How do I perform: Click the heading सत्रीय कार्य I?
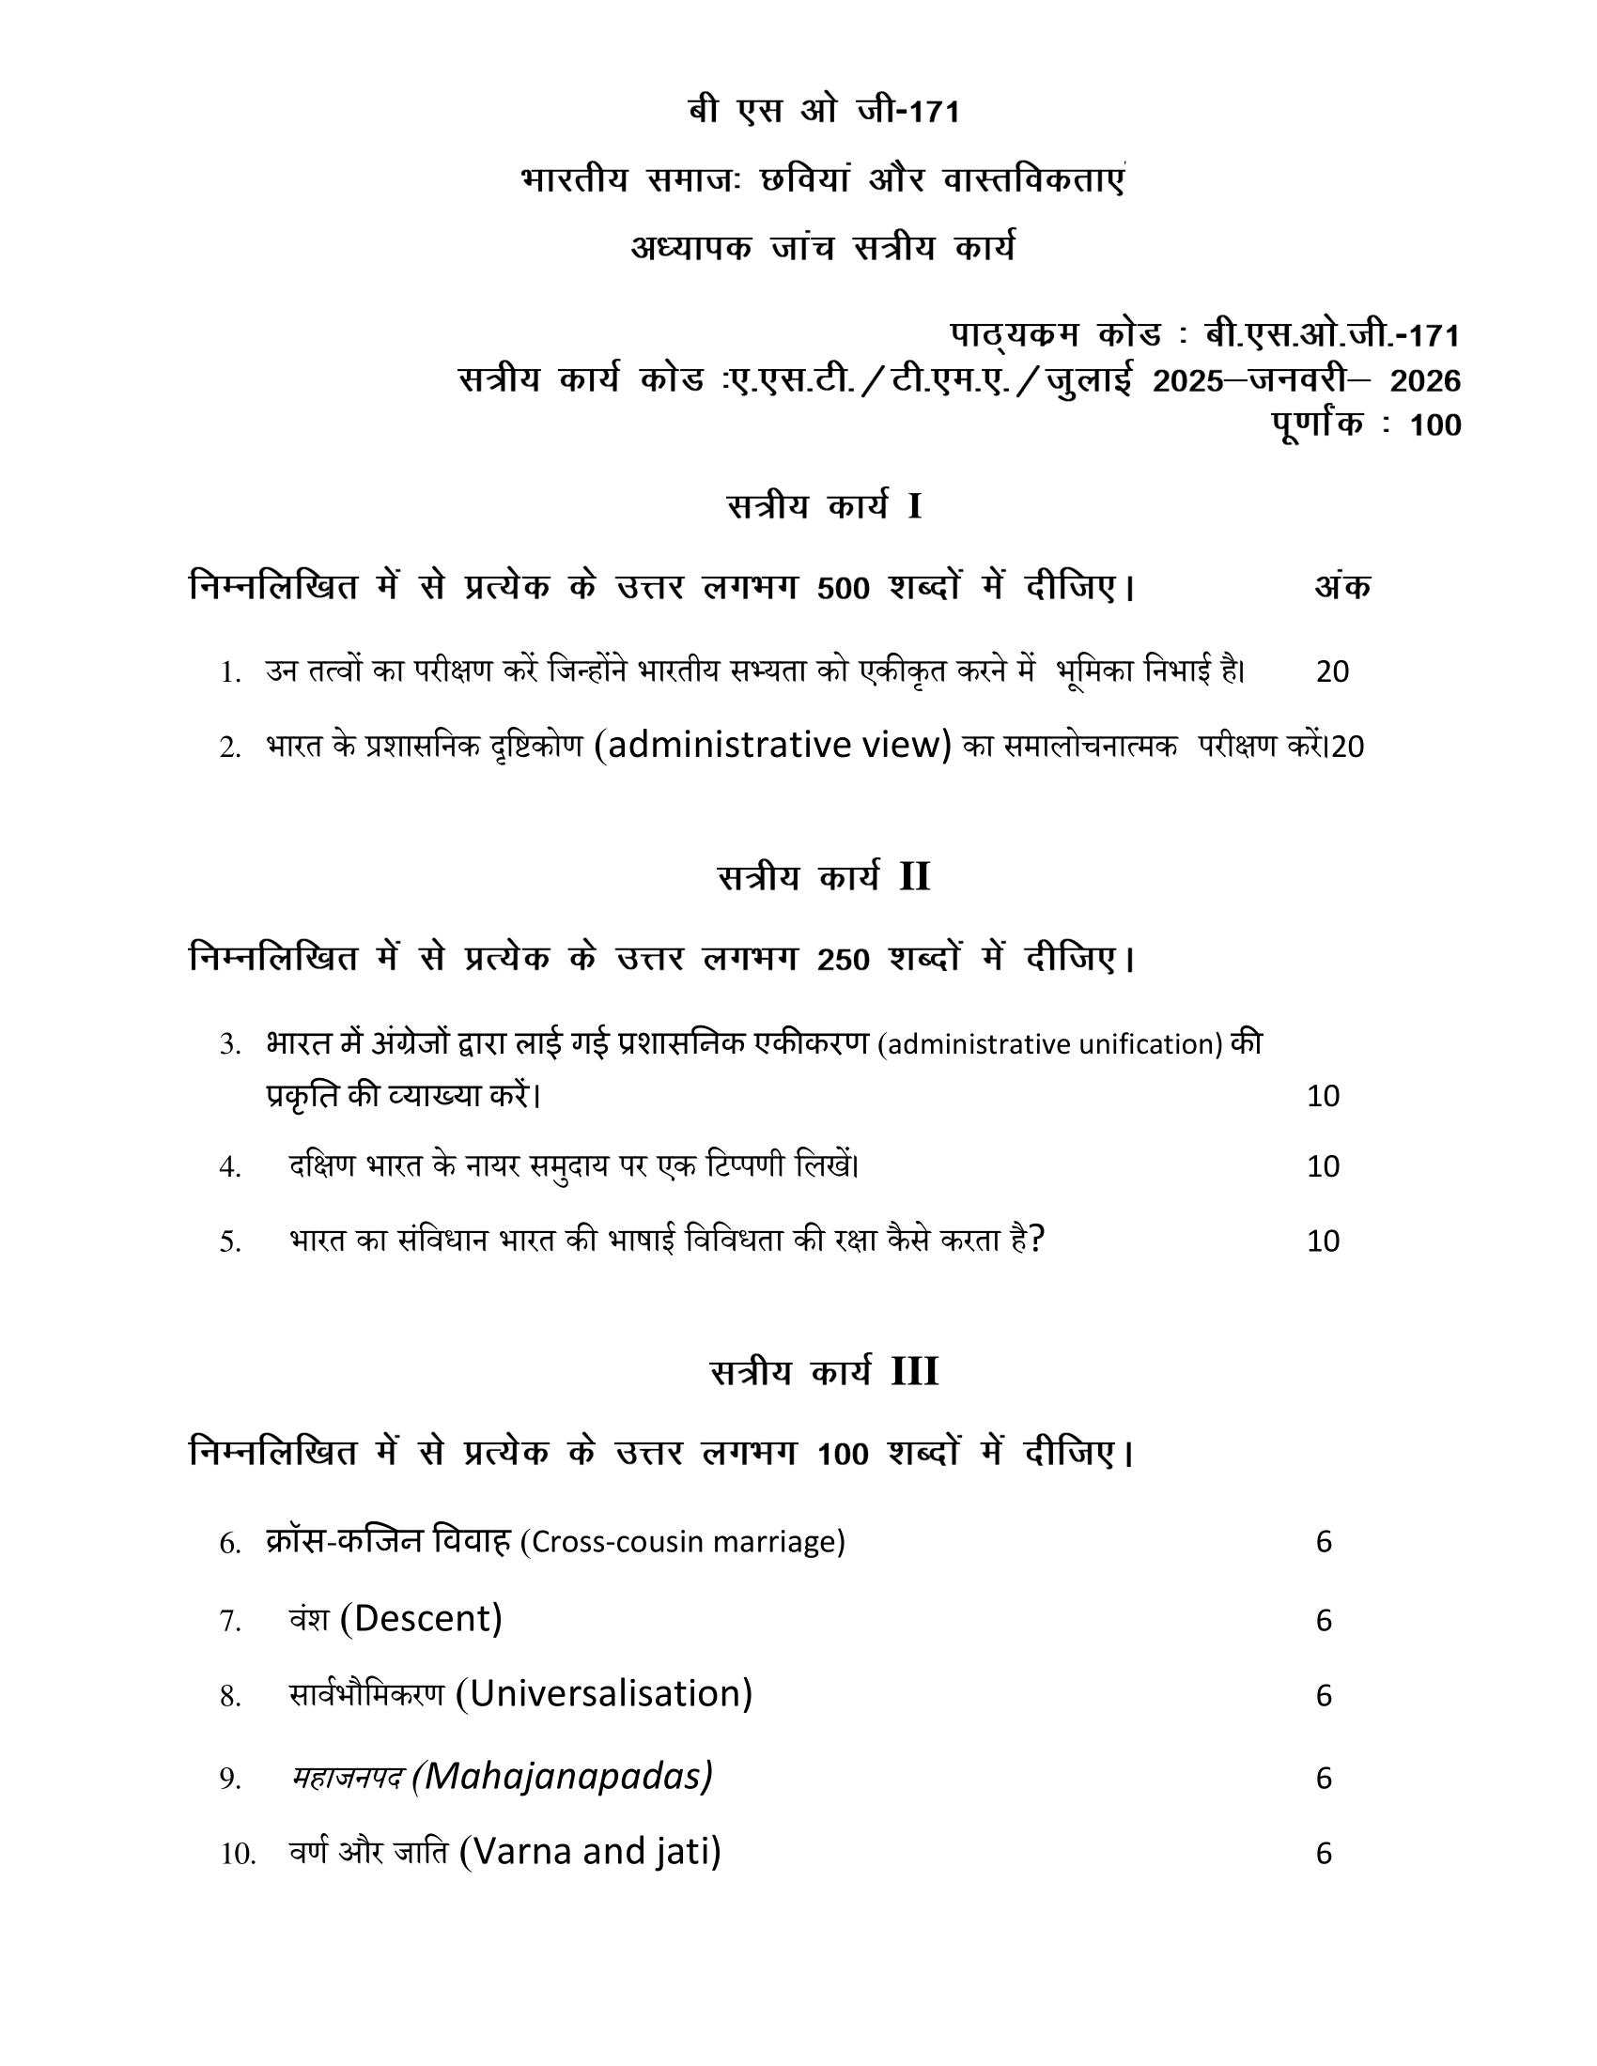tap(824, 507)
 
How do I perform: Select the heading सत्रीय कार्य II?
tap(823, 878)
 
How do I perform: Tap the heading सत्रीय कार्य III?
tap(823, 1372)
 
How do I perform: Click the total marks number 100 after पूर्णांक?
tap(1434, 425)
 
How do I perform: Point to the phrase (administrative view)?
tap(773, 746)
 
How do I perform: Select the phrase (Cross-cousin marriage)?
tap(682, 1542)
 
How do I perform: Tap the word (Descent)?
tap(421, 1619)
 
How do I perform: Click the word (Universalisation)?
tap(604, 1693)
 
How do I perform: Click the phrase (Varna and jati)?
tap(589, 1851)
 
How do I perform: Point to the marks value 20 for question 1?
tap(1332, 671)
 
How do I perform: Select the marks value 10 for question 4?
tap(1323, 1166)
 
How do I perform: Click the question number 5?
tap(230, 1242)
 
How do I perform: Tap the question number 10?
tap(238, 1854)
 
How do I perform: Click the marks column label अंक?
tap(1341, 588)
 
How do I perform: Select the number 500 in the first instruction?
tap(842, 589)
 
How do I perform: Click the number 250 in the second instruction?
tap(842, 960)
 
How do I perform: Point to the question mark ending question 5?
tap(1037, 1240)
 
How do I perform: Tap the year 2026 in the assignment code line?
tap(1425, 381)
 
